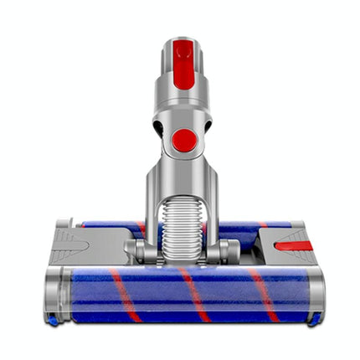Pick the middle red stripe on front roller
click(x=195, y=295)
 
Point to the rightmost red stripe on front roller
click(x=261, y=295)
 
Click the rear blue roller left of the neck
click(x=109, y=226)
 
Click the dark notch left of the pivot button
click(x=159, y=127)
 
